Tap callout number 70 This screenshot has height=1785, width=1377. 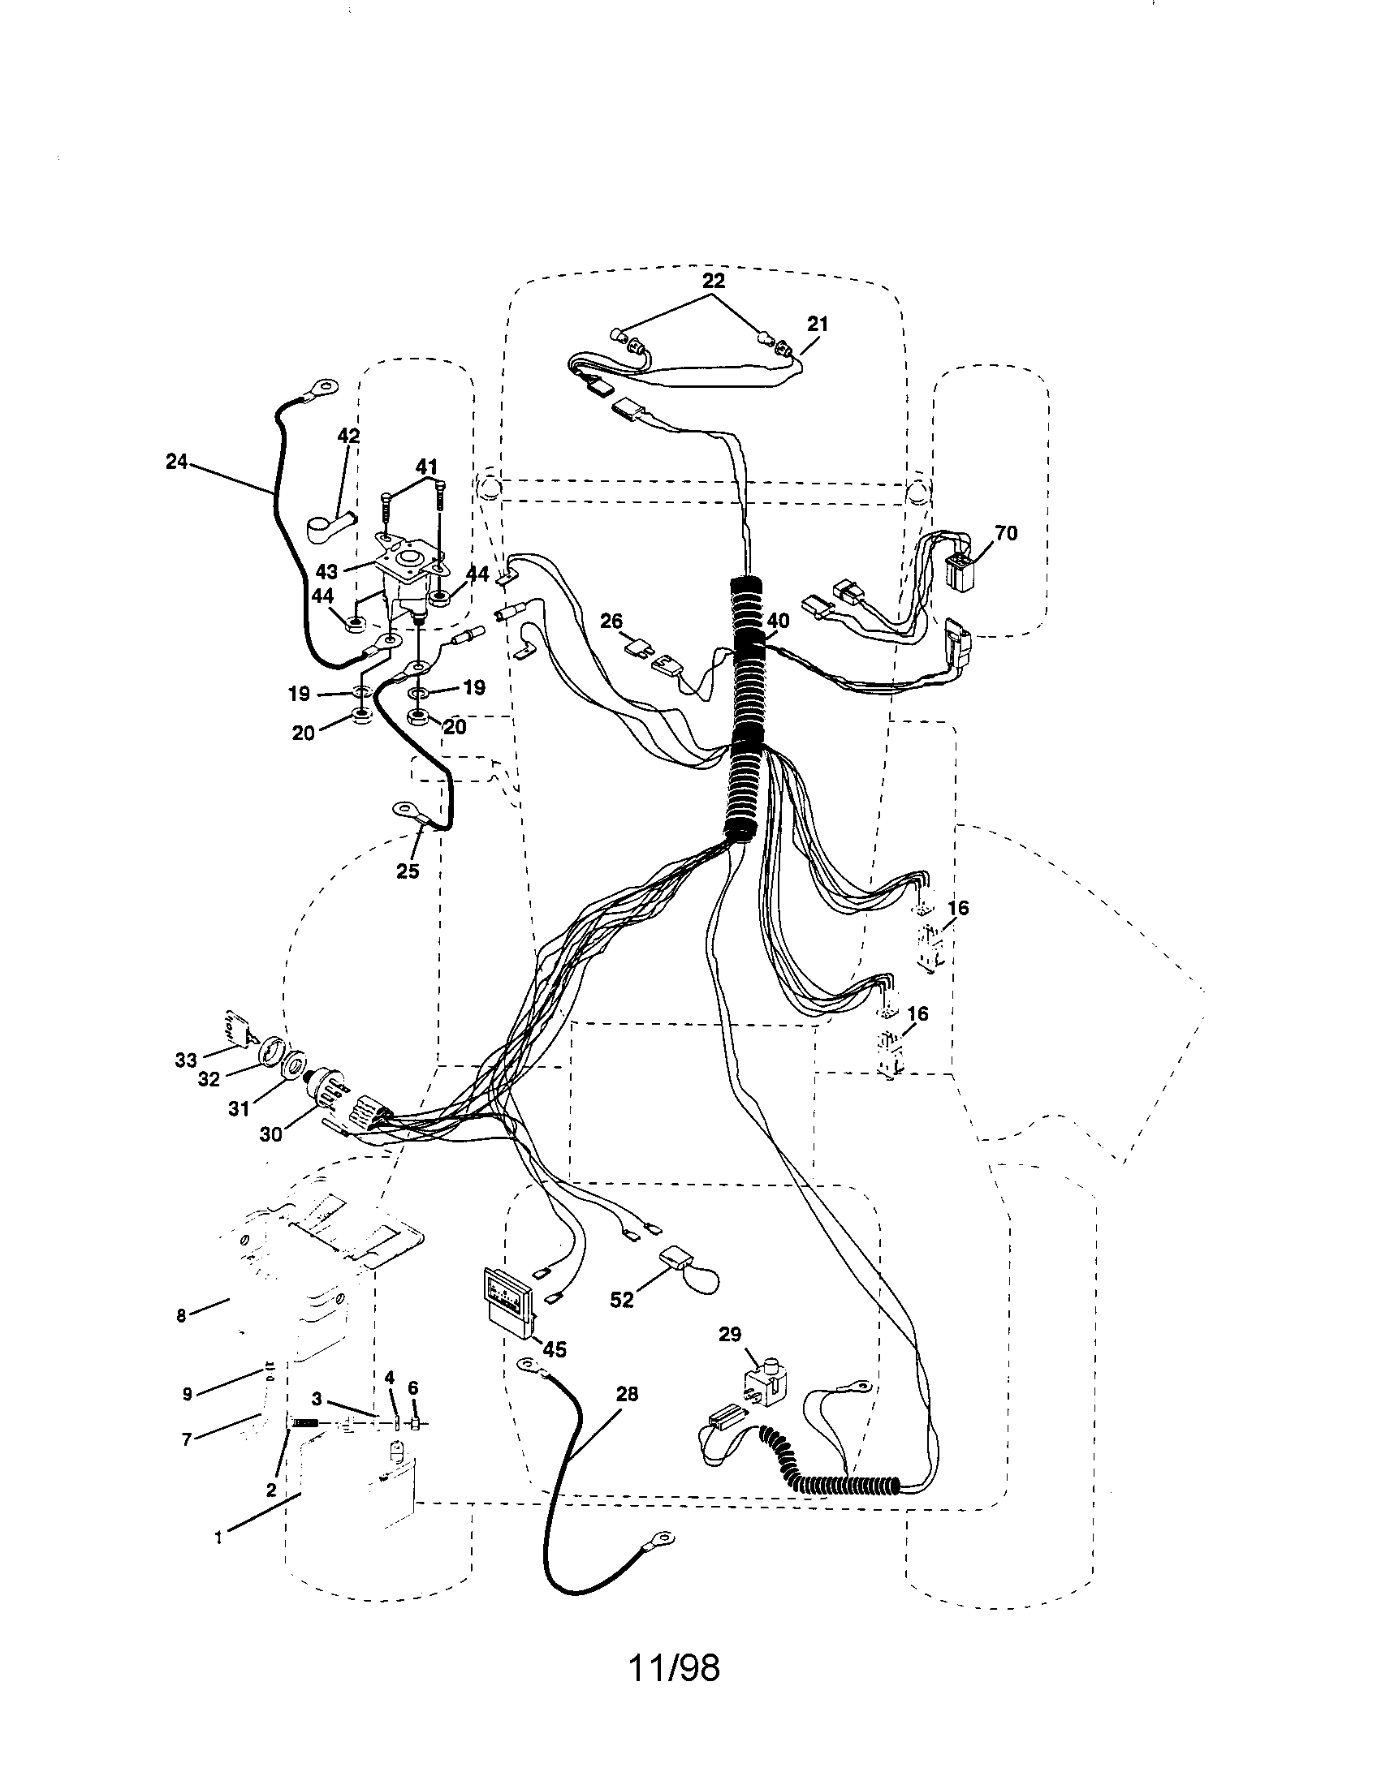click(x=1006, y=533)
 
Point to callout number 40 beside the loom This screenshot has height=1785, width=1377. click(x=778, y=621)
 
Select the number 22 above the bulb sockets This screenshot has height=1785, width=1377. click(x=713, y=281)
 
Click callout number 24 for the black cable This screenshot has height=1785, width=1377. click(x=176, y=462)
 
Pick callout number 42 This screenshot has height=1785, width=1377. click(x=348, y=436)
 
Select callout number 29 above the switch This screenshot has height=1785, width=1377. click(x=729, y=1335)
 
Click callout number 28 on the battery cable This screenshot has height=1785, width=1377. click(x=627, y=1393)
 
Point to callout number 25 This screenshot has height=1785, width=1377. click(x=408, y=871)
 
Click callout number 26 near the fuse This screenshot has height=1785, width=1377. click(x=611, y=622)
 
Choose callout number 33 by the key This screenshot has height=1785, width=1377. click(x=186, y=1060)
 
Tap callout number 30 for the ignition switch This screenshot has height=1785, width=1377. click(x=270, y=1134)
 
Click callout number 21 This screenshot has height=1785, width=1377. click(x=818, y=324)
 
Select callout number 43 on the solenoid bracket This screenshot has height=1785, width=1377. click(x=326, y=571)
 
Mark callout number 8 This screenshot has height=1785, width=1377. click(x=181, y=1315)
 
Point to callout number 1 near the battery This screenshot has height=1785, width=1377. click(x=218, y=1538)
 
